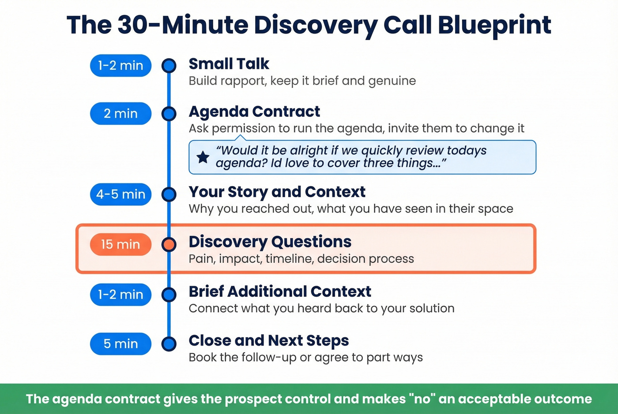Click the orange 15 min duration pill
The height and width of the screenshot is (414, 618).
click(x=121, y=244)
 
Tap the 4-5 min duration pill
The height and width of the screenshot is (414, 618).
click(x=121, y=194)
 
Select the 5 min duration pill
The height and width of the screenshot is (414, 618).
click(x=121, y=344)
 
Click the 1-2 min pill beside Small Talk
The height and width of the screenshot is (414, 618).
click(x=121, y=66)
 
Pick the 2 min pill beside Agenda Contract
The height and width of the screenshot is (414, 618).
click(x=121, y=114)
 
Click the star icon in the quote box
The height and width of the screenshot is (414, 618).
click(x=203, y=157)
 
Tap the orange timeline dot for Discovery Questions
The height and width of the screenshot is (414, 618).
click(x=169, y=244)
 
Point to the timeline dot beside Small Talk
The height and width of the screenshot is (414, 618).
click(x=169, y=66)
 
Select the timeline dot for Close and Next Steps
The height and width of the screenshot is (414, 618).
click(x=169, y=344)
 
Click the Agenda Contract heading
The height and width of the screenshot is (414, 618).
click(x=254, y=112)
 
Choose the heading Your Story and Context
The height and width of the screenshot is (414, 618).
click(x=277, y=192)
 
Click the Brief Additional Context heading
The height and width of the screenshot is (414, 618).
click(x=280, y=292)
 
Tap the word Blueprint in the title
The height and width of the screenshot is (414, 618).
click(x=494, y=25)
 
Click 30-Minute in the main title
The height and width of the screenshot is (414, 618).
click(x=182, y=25)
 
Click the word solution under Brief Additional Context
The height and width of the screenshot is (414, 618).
click(x=432, y=309)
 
